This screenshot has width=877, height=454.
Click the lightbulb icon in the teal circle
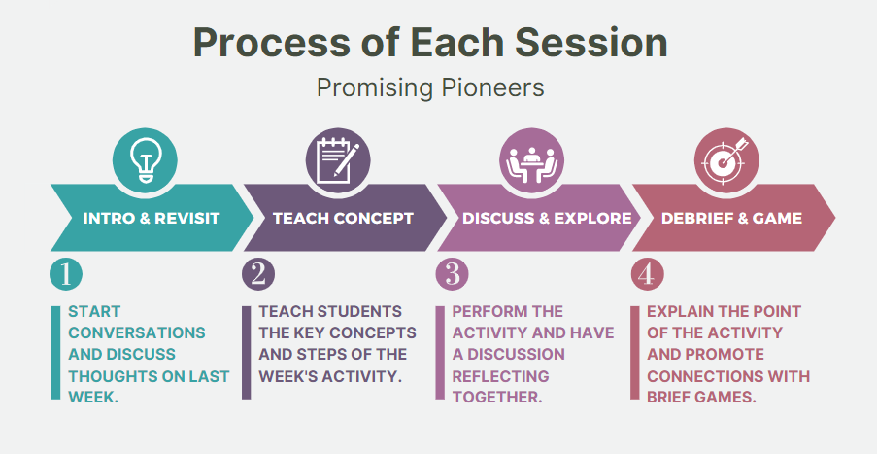[x=145, y=160]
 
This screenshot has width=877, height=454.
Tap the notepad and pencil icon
[x=338, y=160]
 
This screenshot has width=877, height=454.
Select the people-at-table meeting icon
[x=531, y=164]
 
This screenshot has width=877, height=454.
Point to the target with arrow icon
[x=725, y=160]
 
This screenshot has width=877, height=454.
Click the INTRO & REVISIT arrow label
[x=152, y=218]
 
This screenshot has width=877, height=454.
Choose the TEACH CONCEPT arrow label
[x=344, y=218]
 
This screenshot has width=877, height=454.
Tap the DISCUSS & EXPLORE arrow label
[x=547, y=218]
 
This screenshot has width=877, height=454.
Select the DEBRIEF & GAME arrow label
[x=731, y=218]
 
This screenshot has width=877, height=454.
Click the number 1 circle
[x=66, y=274]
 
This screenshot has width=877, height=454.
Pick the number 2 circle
[x=258, y=274]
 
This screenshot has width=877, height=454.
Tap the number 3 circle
[x=452, y=274]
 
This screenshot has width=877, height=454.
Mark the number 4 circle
[x=647, y=274]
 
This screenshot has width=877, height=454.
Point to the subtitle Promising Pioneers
[x=430, y=87]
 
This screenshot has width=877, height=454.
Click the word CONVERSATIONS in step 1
[x=137, y=332]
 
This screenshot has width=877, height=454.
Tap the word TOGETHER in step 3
[x=497, y=397]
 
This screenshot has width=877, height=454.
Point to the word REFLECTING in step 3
[x=500, y=375]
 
